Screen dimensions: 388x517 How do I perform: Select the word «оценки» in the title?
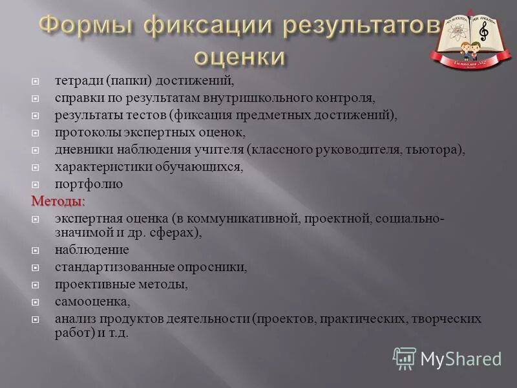tap(240, 56)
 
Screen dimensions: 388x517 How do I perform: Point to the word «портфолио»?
tap(89, 184)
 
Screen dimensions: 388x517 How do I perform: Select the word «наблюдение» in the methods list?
tap(92, 249)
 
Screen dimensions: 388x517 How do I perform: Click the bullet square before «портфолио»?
tap(37, 184)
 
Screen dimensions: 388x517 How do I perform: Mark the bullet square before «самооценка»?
tap(37, 301)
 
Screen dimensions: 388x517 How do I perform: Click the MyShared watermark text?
tap(461, 359)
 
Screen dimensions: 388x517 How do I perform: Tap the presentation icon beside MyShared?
tap(405, 358)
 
